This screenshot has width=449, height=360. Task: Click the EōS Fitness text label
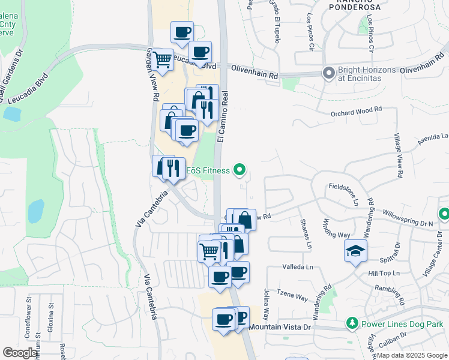click(207, 171)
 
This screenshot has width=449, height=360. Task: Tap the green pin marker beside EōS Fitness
click(240, 171)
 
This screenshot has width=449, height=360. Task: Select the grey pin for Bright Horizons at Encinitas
click(328, 74)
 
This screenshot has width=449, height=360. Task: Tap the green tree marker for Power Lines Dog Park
click(353, 324)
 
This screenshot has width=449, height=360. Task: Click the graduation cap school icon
click(355, 251)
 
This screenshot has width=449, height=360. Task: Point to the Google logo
click(20, 352)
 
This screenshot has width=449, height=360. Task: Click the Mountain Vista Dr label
click(280, 328)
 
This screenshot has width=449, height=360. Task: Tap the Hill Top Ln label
click(384, 273)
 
